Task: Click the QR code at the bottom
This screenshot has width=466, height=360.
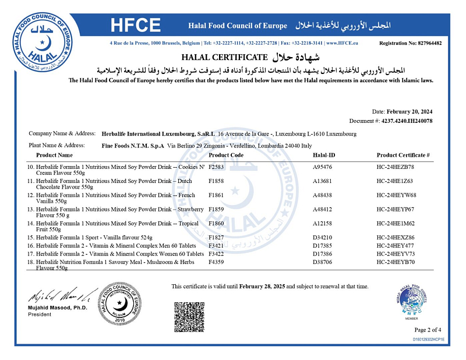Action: coord(190,316)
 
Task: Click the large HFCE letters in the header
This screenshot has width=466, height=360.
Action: coord(136,25)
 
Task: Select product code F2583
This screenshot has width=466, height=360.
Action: coord(217,167)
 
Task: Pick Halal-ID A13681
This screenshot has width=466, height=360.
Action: coord(324,181)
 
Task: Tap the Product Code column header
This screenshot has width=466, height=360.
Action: coord(226,155)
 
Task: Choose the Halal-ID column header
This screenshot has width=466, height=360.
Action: coord(324,155)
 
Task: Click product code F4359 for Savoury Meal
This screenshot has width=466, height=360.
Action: coord(217,263)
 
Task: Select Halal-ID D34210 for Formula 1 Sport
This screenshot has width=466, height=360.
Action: coord(324,238)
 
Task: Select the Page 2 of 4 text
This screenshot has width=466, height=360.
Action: coord(430,330)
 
